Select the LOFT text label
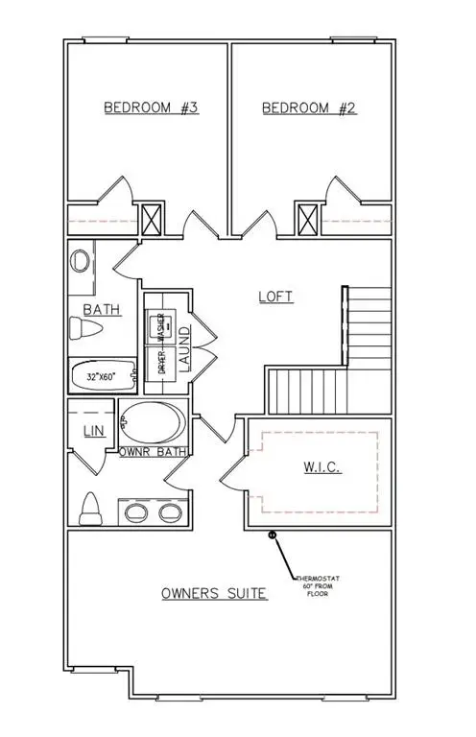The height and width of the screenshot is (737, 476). [x=275, y=297]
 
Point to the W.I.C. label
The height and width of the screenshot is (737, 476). [x=318, y=469]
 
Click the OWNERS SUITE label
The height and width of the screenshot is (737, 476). [x=213, y=594]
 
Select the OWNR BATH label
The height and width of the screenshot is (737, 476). [x=153, y=451]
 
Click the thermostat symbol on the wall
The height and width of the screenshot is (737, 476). [x=272, y=534]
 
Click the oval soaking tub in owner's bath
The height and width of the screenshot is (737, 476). [x=155, y=422]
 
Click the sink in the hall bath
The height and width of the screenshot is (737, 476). [x=82, y=261]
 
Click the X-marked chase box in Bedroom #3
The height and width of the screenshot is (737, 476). [x=152, y=219]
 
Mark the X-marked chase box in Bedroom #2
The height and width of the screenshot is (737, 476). [x=307, y=219]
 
